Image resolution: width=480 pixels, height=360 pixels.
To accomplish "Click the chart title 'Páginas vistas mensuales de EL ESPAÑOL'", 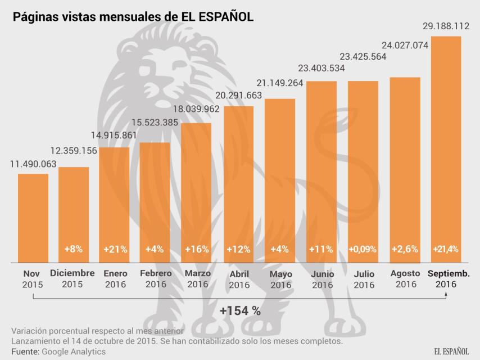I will pyautogui.click(x=133, y=17).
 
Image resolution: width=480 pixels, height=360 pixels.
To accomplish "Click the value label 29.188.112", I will pyautogui.click(x=446, y=26).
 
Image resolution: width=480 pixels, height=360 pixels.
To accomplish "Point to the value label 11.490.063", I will pyautogui.click(x=33, y=164).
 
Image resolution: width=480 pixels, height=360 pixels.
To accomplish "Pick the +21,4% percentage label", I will pyautogui.click(x=446, y=249).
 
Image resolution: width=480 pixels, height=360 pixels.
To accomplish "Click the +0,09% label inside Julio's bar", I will pyautogui.click(x=363, y=249).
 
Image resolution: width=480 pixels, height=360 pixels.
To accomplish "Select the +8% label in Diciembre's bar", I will pyautogui.click(x=74, y=249).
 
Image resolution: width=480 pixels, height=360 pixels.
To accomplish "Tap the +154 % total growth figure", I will pyautogui.click(x=240, y=310).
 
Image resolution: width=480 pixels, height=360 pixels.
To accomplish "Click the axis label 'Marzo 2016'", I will pyautogui.click(x=198, y=278).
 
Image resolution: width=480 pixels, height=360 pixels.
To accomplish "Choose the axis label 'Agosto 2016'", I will pyautogui.click(x=405, y=278).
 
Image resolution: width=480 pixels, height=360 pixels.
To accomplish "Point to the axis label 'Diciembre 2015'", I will pyautogui.click(x=73, y=278).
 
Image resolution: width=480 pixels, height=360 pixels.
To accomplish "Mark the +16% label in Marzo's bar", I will pyautogui.click(x=196, y=249).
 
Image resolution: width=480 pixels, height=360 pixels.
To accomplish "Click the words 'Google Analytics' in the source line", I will pyautogui.click(x=73, y=351).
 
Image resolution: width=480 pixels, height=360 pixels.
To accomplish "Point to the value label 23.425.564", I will pyautogui.click(x=363, y=56).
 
